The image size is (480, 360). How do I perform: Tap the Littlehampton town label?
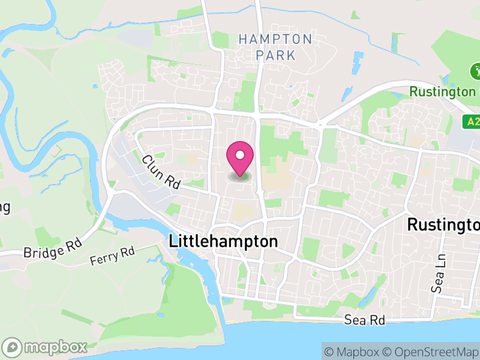[224, 241]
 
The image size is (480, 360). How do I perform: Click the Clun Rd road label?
[161, 173]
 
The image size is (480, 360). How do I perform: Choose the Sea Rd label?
[364, 320]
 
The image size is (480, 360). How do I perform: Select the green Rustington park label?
[442, 92]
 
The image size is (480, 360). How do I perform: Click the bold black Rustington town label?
[443, 224]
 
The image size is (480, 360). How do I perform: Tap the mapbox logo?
[45, 347]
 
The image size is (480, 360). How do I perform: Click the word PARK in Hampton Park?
[275, 55]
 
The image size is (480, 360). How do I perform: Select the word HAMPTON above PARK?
[275, 40]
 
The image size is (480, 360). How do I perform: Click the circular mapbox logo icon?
[12, 347]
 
